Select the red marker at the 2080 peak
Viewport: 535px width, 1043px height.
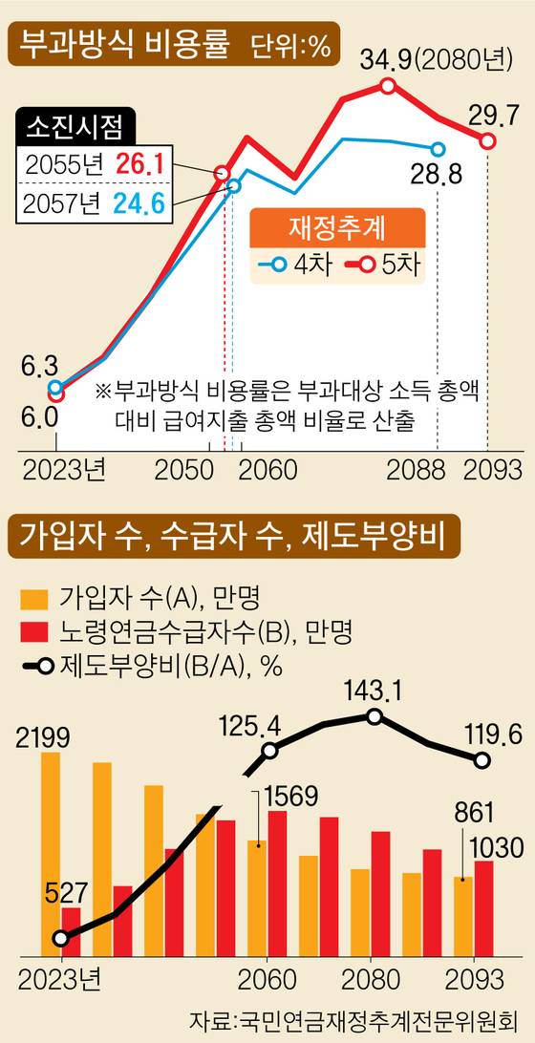click(x=388, y=86)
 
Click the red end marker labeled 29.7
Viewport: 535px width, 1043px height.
click(x=487, y=141)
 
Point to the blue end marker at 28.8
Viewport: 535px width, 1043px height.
click(x=438, y=149)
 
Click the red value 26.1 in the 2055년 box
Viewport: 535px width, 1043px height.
click(x=140, y=163)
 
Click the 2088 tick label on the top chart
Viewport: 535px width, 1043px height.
click(x=417, y=471)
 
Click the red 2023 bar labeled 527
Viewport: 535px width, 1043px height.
click(x=72, y=929)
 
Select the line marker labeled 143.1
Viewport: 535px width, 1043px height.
click(x=375, y=716)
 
